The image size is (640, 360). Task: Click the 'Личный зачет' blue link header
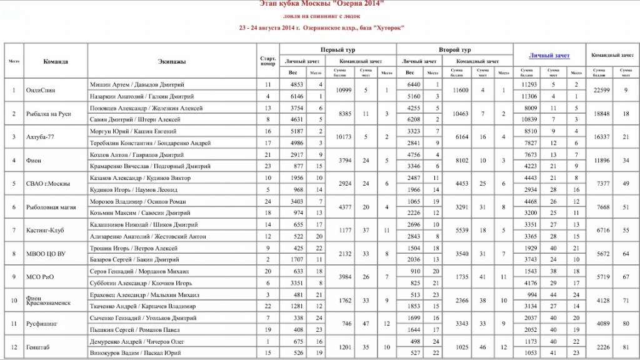pyautogui.click(x=549, y=56)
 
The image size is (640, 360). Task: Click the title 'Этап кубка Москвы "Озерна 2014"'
pyautogui.click(x=321, y=4)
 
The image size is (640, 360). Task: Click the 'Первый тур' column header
pyautogui.click(x=337, y=49)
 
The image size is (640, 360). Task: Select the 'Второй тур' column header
pyautogui.click(x=454, y=49)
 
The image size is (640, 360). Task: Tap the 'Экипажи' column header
pyautogui.click(x=172, y=61)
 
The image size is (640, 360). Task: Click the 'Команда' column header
pyautogui.click(x=56, y=61)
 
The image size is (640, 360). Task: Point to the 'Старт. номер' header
pyautogui.click(x=267, y=61)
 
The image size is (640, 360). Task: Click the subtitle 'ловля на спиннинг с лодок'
pyautogui.click(x=321, y=16)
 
